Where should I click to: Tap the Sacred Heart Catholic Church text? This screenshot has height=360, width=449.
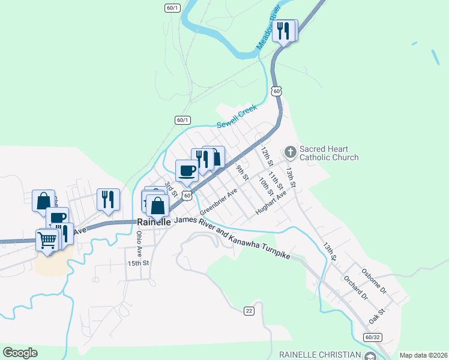pos(329,153)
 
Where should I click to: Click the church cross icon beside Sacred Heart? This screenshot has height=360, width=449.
pos(291,151)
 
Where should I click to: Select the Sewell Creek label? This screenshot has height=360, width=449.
pos(237,116)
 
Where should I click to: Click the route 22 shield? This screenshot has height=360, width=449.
pos(249,310)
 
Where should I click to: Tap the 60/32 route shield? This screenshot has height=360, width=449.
pos(372,338)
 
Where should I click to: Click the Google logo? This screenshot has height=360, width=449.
pos(20,352)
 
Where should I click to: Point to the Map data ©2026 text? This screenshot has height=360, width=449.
pos(423,355)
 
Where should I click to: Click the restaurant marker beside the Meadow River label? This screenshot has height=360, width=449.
pos(283,30)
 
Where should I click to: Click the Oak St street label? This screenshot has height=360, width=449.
pos(376,316)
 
